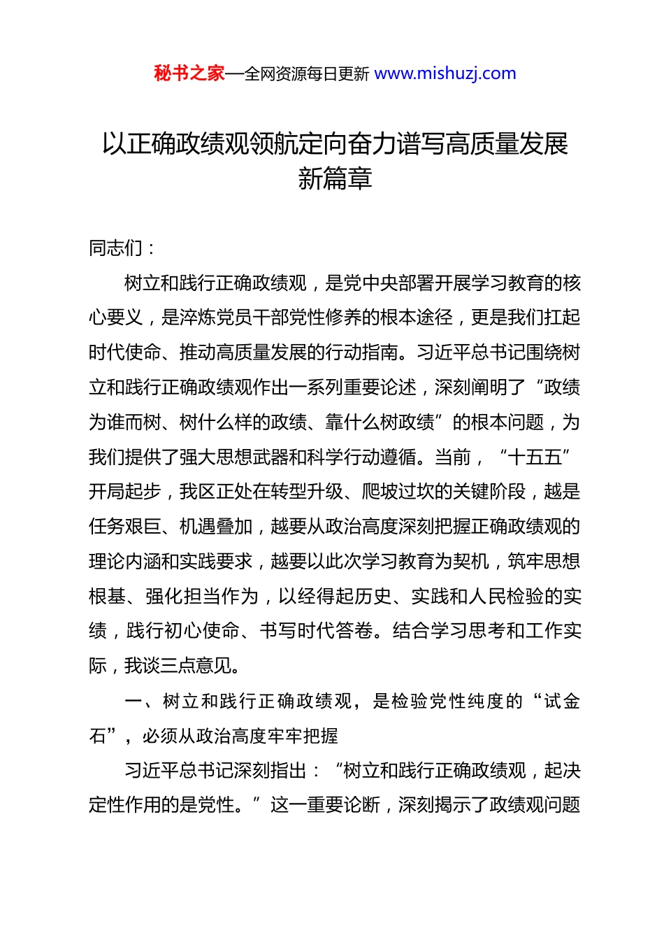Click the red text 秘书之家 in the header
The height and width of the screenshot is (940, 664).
[189, 73]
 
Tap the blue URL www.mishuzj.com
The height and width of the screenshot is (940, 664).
[445, 73]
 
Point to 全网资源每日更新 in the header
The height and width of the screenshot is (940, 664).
[307, 74]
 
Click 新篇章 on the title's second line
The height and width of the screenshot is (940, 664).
[335, 179]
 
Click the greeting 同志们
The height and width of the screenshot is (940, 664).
[116, 248]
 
